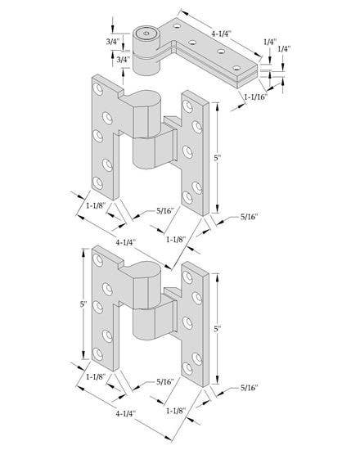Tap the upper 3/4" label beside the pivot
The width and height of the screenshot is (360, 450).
click(x=114, y=42)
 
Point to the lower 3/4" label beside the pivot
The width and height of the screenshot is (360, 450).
click(x=114, y=59)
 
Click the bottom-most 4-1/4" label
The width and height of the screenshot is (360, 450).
click(x=125, y=415)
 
